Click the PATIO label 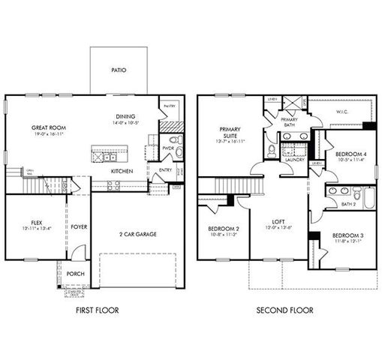pyautogui.click(x=119, y=70)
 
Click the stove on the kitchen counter pyautogui.click(x=115, y=184)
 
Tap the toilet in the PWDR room pyautogui.click(x=173, y=140)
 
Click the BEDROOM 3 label pyautogui.click(x=347, y=234)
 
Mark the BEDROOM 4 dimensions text pyautogui.click(x=349, y=159)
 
